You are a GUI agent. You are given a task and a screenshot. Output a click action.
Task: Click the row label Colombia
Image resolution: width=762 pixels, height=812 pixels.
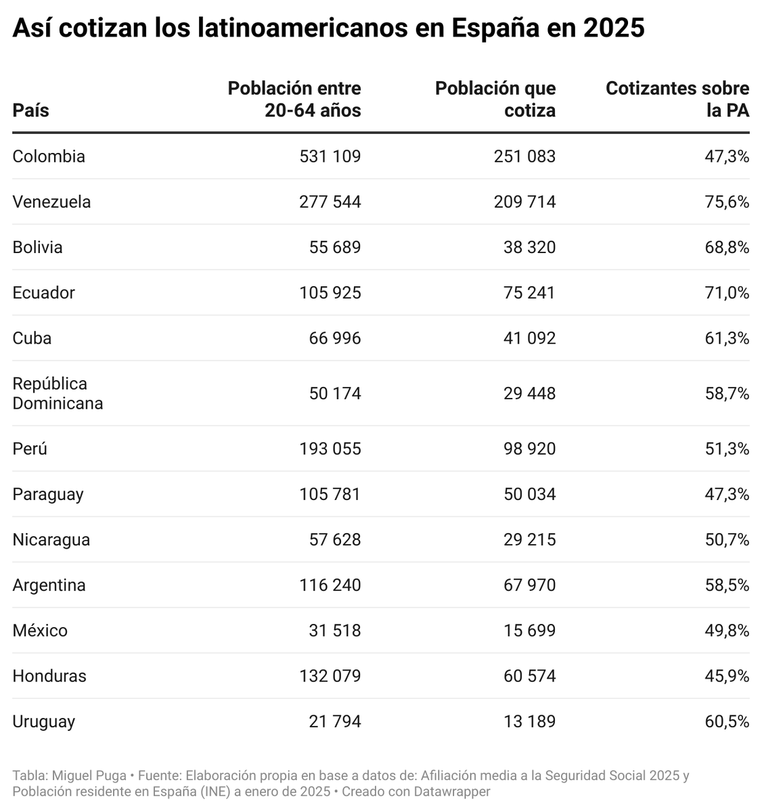pos(49,156)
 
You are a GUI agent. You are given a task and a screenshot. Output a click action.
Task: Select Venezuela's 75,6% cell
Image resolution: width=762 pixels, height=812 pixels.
pos(727,202)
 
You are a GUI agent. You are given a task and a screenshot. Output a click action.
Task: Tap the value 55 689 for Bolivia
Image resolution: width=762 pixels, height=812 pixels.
pos(335,247)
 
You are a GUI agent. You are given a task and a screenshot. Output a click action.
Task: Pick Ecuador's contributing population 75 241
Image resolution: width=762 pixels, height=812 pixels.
pos(529,292)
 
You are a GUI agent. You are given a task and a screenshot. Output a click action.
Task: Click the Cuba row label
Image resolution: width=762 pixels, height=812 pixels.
pos(32,338)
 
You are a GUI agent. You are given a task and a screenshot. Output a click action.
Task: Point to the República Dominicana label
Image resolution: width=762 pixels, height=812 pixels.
pos(58,393)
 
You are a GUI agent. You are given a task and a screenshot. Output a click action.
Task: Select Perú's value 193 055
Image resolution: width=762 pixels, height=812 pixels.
pos(330,449)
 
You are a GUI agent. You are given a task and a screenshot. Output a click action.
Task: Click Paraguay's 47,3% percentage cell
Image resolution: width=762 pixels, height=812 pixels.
pos(727,494)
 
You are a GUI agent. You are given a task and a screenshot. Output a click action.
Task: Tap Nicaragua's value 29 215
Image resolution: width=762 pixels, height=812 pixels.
pos(529,539)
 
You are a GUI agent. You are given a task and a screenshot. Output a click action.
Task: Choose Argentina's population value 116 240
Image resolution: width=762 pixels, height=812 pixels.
pos(330,585)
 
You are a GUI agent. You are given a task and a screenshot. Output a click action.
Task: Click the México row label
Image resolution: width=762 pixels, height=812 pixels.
pos(40,630)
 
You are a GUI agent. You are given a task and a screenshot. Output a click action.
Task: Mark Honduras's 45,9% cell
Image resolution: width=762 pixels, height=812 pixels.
pos(727,675)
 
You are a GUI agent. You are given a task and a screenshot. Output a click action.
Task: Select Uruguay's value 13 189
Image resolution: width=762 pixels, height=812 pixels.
pos(529,721)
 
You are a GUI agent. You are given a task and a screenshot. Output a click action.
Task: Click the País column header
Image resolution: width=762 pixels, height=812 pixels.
pos(30,110)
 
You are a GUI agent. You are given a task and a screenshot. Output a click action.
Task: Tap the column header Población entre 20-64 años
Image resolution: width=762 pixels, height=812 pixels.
pos(294,99)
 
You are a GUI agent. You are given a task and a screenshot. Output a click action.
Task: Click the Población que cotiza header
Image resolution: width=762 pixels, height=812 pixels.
pos(495,99)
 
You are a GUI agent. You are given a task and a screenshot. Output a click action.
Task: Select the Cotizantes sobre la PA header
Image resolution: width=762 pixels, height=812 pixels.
pos(677,99)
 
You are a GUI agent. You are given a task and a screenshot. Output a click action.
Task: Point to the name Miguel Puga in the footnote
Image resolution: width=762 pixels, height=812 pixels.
pos(89,775)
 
